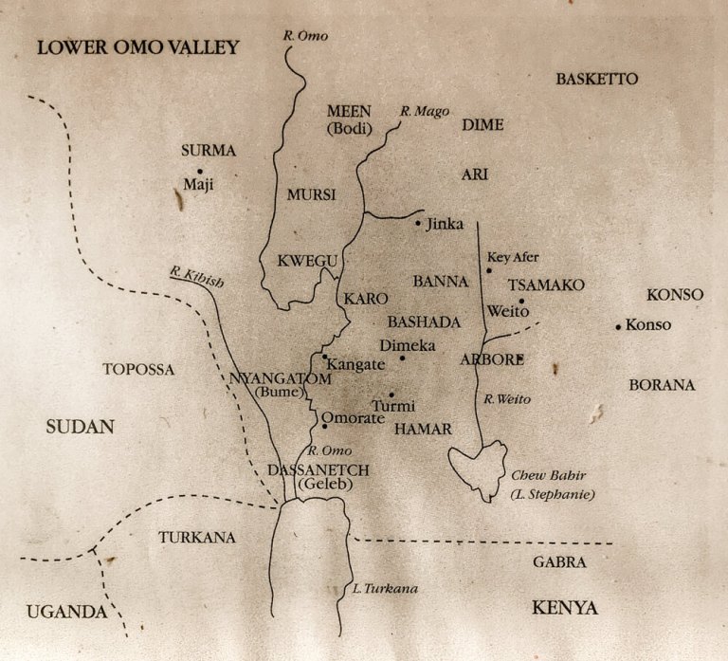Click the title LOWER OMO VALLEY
click(x=138, y=47)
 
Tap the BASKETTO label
click(x=597, y=79)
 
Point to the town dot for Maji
click(x=200, y=171)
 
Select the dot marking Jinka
click(x=418, y=224)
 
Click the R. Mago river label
click(x=424, y=112)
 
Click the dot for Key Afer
click(x=489, y=271)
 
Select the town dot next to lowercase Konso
click(x=618, y=326)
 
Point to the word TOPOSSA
click(x=138, y=370)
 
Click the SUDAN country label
click(x=80, y=428)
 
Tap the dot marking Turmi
click(x=391, y=395)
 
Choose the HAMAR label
click(x=422, y=430)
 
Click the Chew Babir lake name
click(x=544, y=476)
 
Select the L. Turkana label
click(x=384, y=589)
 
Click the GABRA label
click(x=558, y=562)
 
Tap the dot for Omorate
click(x=325, y=426)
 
